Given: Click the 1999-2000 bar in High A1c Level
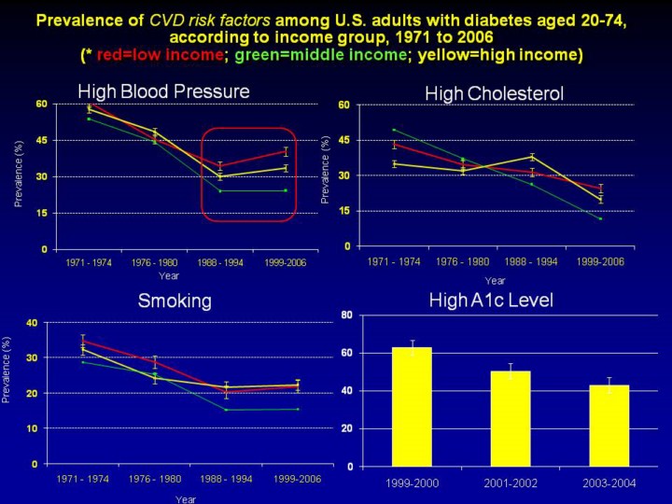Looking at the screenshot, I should coord(412,406).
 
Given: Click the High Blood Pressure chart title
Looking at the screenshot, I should coord(164,91).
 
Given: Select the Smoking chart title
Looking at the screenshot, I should coord(175,301).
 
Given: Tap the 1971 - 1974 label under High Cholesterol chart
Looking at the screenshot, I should coord(394,261).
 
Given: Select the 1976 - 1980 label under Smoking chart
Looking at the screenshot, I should coord(155,478).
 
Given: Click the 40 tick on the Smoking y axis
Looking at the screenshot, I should coord(32,323).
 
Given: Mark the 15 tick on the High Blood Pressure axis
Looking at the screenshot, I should coord(42,213).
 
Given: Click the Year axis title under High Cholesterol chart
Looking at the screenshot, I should coord(495,280).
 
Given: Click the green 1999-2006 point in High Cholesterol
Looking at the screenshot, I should coord(600,218).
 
